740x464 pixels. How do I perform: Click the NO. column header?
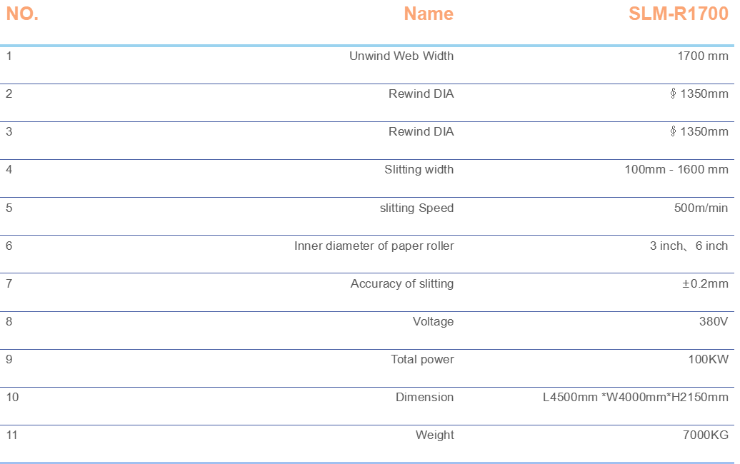coord(22,14)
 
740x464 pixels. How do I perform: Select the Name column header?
coord(429,14)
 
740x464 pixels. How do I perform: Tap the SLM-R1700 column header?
coord(679,14)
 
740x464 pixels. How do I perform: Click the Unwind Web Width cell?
coord(401,56)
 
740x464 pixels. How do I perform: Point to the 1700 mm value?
coord(703,56)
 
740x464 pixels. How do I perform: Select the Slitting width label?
coord(419,170)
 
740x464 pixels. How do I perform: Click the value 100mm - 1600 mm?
coord(676,170)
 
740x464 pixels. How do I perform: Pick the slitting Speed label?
coord(416,208)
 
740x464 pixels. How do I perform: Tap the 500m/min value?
coord(701,208)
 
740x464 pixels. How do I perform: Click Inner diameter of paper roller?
coord(374,246)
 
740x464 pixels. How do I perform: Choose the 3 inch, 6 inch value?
coord(689,246)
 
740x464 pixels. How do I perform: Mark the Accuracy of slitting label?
coord(402,284)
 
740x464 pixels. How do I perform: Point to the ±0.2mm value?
coord(705,284)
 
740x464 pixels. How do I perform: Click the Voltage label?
coord(434,322)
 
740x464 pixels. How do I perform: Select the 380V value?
coord(714,322)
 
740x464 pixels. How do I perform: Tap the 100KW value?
coord(709,359)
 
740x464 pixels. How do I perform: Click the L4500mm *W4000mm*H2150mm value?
coord(636,397)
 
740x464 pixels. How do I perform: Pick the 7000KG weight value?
coord(706,435)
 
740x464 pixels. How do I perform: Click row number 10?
coord(12,397)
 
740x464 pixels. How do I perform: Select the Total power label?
coord(422,359)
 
